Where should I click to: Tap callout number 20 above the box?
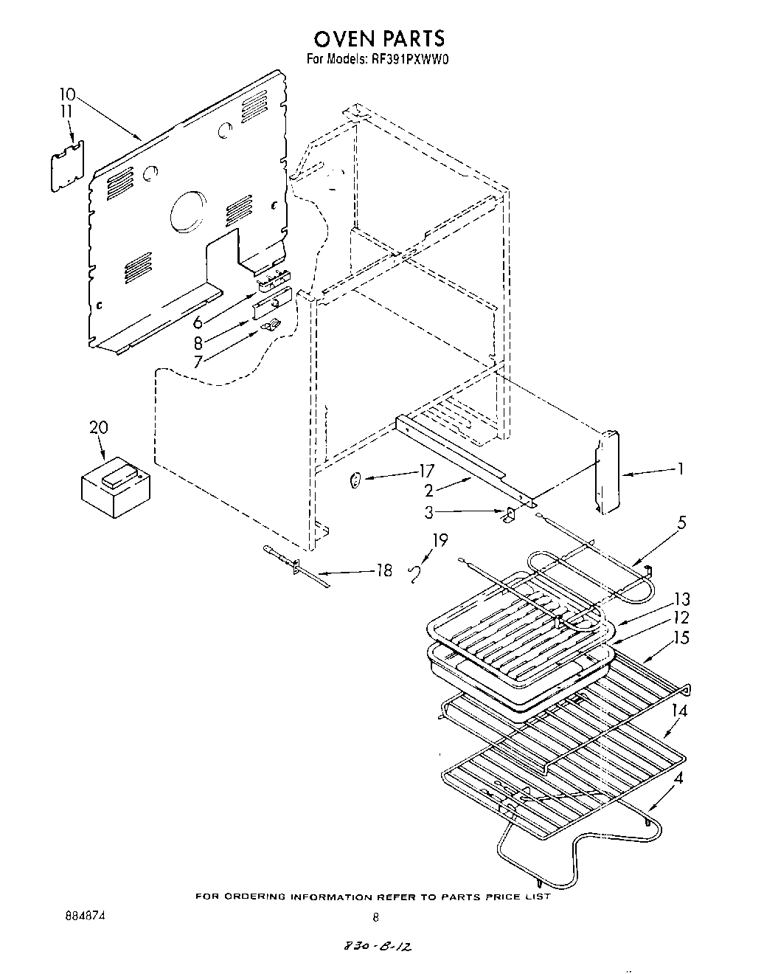pyautogui.click(x=98, y=426)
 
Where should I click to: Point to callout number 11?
pyautogui.click(x=67, y=111)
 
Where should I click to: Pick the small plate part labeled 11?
pyautogui.click(x=67, y=166)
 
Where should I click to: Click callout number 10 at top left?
pyautogui.click(x=67, y=94)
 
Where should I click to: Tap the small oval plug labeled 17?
pyautogui.click(x=355, y=482)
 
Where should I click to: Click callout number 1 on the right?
pyautogui.click(x=681, y=468)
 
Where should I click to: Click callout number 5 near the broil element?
pyautogui.click(x=681, y=523)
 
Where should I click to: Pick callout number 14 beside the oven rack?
pyautogui.click(x=680, y=710)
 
